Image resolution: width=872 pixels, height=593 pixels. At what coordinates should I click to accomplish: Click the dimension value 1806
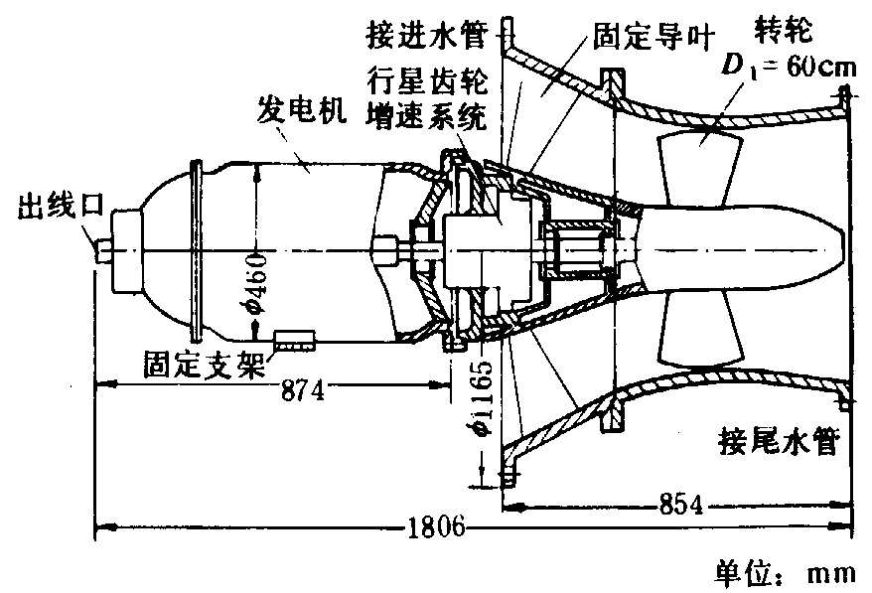(x=436, y=526)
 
